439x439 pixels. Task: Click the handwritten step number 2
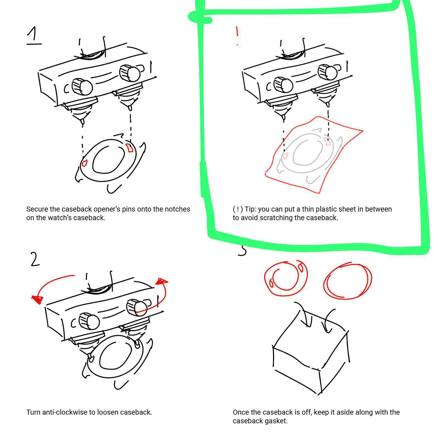pyautogui.click(x=35, y=259)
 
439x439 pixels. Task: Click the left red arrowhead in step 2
pyautogui.click(x=38, y=299)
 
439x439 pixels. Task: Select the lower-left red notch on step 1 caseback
pyautogui.click(x=84, y=163)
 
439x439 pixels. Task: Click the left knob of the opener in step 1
pyautogui.click(x=82, y=87)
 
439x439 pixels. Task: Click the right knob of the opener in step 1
pyautogui.click(x=130, y=73)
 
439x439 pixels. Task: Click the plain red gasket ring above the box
pyautogui.click(x=348, y=281)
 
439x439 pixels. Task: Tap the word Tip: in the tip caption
pyautogui.click(x=251, y=209)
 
